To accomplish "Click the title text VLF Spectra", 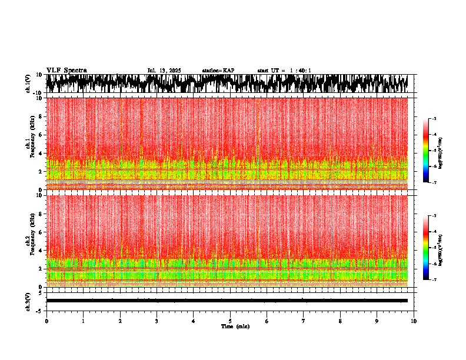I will tap(66, 70).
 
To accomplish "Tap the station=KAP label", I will tap(218, 71).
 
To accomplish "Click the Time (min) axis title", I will tap(235, 326).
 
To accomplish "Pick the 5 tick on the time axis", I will tap(230, 321).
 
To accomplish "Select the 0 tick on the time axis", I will tap(46, 321).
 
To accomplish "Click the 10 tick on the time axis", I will tap(414, 321).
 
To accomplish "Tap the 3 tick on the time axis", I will tap(157, 321).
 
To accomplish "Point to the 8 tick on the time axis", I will tap(340, 321).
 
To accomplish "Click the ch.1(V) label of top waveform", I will tap(28, 84).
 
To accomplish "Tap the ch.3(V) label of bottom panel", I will tap(28, 301).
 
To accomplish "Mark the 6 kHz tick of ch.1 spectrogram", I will tap(39, 135).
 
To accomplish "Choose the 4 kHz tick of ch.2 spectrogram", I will tap(39, 251).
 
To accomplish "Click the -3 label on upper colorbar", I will tap(434, 119).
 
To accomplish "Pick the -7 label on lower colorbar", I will tap(434, 280).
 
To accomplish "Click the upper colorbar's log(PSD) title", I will tap(441, 151).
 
